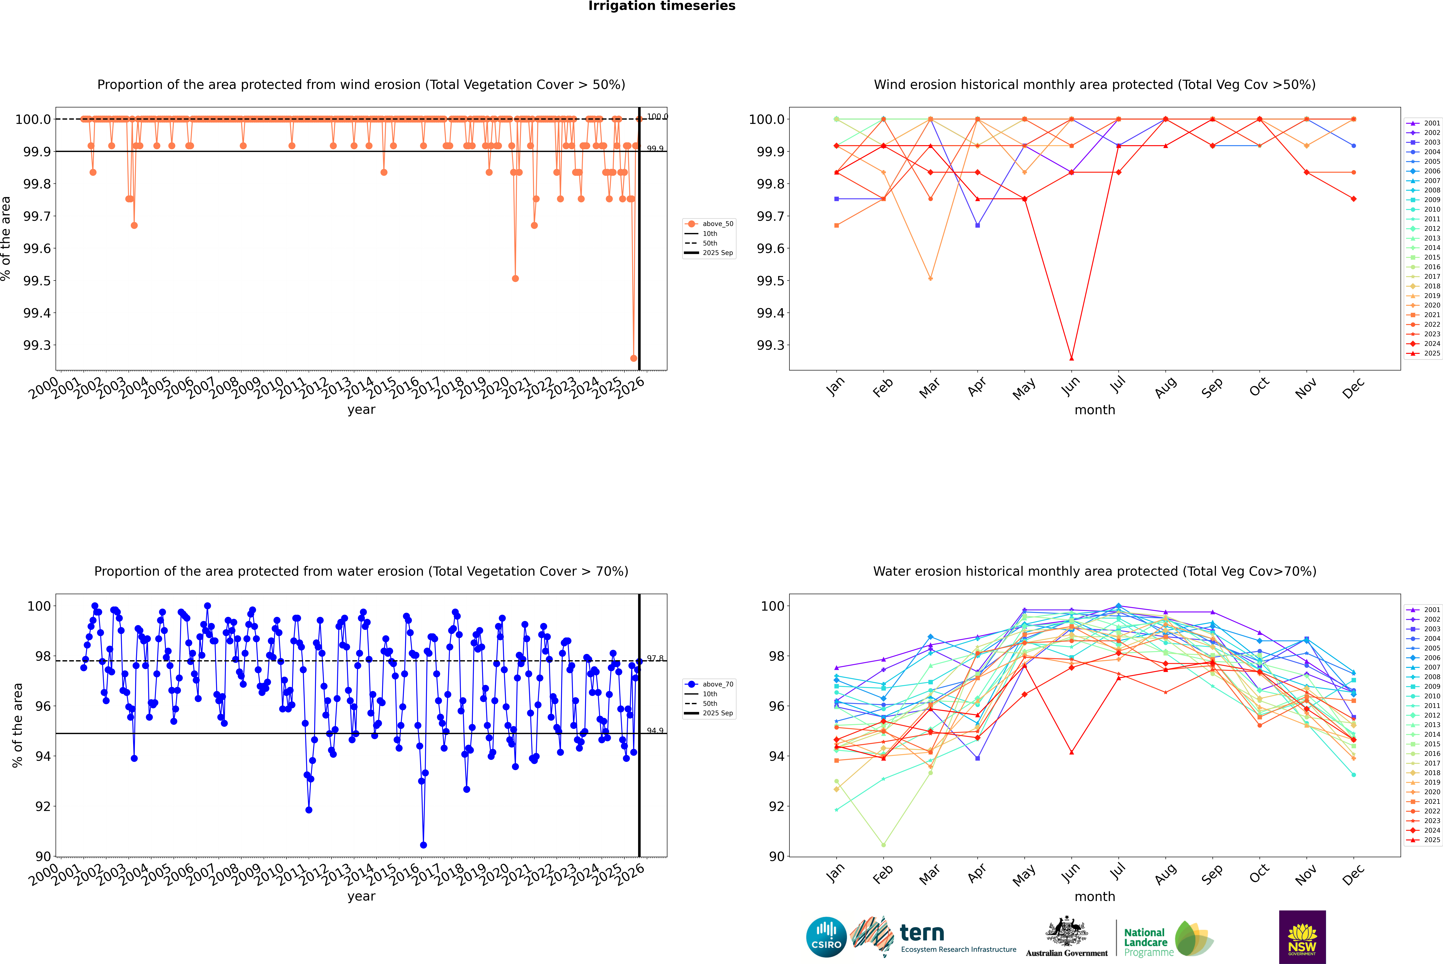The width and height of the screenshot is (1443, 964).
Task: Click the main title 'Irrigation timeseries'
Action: (662, 6)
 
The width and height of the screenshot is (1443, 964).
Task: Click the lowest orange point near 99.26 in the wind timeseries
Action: (633, 358)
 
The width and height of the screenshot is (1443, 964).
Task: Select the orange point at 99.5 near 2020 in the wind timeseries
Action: (515, 278)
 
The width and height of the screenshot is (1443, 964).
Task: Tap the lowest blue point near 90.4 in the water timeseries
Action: (423, 845)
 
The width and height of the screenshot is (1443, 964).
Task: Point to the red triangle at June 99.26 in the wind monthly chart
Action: (1071, 358)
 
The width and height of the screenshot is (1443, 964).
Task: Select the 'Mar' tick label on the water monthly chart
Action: (929, 874)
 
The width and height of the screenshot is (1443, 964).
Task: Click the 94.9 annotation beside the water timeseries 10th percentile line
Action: (655, 731)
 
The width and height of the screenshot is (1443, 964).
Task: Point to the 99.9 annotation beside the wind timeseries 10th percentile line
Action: (655, 149)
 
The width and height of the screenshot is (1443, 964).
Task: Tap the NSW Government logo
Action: (1302, 937)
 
